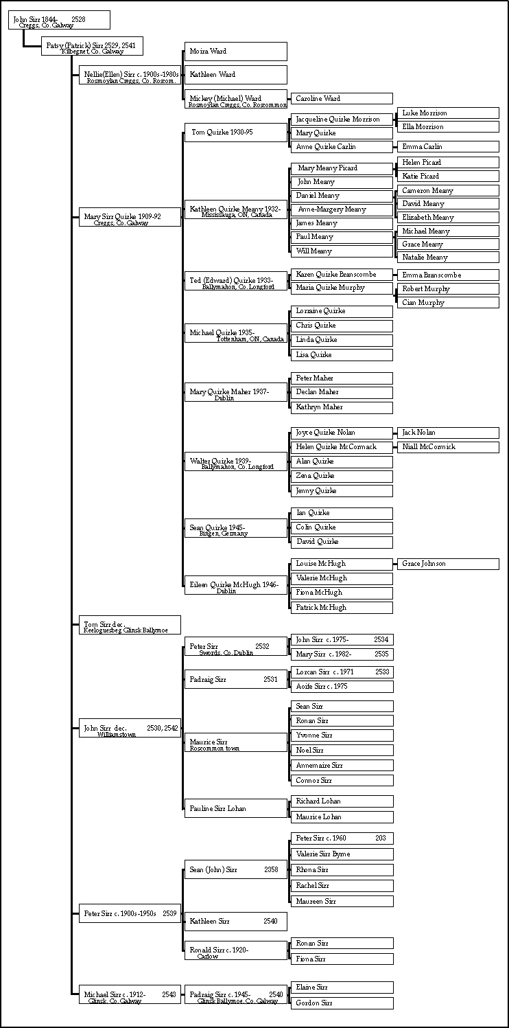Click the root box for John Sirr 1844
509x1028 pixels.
click(60, 21)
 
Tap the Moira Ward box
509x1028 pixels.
click(235, 52)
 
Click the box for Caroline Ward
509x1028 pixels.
click(341, 99)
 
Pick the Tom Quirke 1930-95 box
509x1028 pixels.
click(235, 132)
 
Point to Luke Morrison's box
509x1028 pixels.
click(447, 113)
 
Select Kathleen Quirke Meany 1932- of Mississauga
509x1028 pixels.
click(235, 210)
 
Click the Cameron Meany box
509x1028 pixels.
click(447, 191)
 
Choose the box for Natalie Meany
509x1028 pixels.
click(447, 258)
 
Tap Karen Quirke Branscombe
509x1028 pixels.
click(341, 275)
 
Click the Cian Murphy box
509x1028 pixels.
click(447, 303)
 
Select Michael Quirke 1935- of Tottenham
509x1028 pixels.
click(235, 334)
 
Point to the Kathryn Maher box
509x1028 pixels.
click(341, 407)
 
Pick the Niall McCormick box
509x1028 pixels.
click(447, 447)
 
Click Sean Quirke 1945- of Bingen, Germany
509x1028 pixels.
click(235, 529)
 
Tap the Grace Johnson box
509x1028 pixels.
click(447, 564)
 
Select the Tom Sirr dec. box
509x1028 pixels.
click(130, 626)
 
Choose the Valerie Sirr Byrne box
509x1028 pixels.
click(341, 854)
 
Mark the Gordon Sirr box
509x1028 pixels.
click(341, 1003)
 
